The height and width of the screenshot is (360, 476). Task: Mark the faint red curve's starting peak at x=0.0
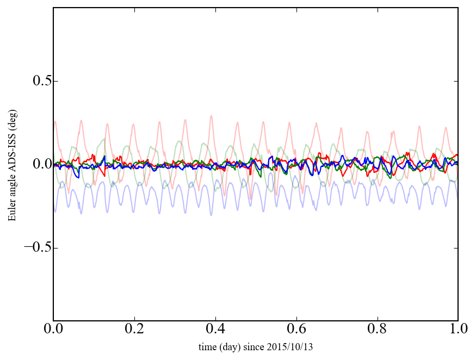(55, 121)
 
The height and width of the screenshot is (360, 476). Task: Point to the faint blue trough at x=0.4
(211, 215)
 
